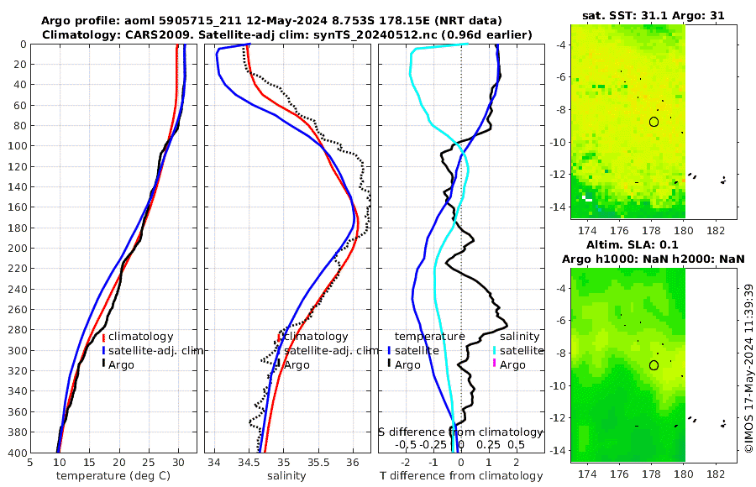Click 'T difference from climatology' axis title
click(461, 476)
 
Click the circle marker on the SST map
click(654, 122)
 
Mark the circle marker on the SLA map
click(654, 365)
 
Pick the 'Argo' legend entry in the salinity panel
click(297, 364)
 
